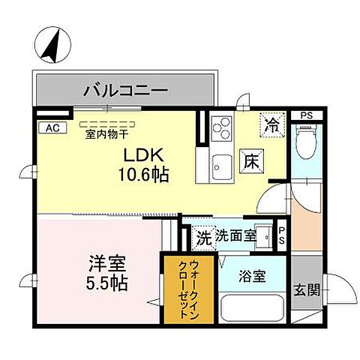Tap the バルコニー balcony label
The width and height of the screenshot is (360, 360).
pyautogui.click(x=124, y=91)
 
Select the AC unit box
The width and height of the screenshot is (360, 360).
pyautogui.click(x=52, y=127)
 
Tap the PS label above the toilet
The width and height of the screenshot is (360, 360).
pyautogui.click(x=306, y=115)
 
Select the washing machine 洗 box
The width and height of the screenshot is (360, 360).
pyautogui.click(x=202, y=238)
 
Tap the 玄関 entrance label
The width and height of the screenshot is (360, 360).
pyautogui.click(x=306, y=289)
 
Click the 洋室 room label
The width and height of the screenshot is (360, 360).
pyautogui.click(x=109, y=265)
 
